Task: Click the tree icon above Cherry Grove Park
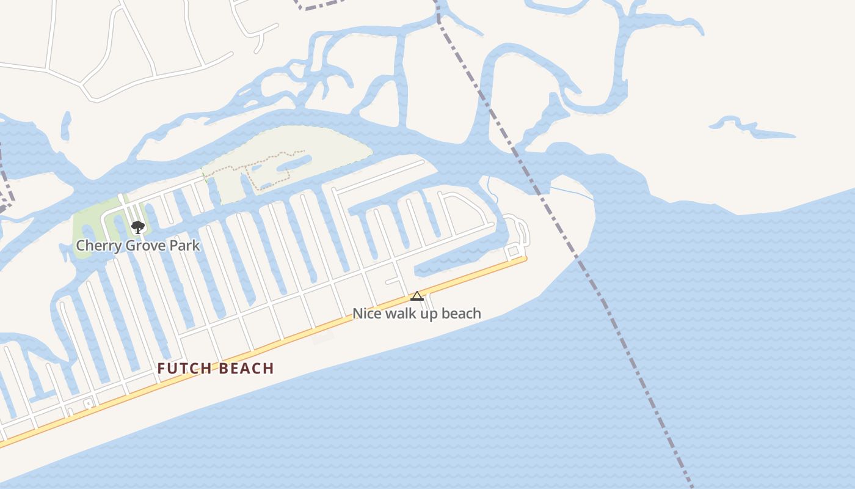[138, 227]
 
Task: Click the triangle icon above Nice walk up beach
[417, 296]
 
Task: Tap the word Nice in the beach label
[366, 314]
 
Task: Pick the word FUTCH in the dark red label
[185, 369]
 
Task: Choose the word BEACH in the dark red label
[246, 369]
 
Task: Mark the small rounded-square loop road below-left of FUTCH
[89, 403]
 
